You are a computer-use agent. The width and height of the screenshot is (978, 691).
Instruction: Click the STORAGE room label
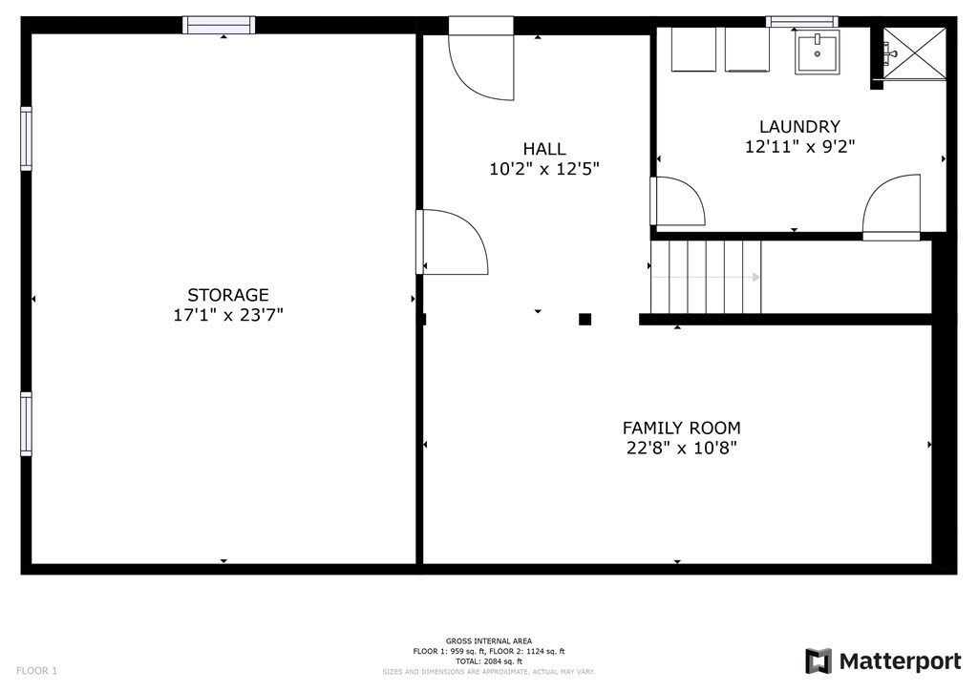coord(227,295)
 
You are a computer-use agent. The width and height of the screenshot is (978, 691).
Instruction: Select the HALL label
coord(543,149)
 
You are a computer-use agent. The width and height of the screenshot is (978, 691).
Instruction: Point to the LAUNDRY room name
coord(799,126)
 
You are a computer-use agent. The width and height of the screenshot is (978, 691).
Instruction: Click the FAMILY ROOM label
coord(681,429)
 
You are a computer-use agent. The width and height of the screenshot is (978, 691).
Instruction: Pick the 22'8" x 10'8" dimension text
coord(681,448)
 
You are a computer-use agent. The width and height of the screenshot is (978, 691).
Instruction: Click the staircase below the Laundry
coord(706,277)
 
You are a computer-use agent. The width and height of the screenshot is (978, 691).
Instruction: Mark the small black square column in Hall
coord(585,320)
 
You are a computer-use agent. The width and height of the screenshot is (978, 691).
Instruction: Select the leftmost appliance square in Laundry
coord(694,49)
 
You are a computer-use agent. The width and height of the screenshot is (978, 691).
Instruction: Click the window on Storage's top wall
coord(220,25)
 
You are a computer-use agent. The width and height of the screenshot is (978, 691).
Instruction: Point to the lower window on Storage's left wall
coord(26,423)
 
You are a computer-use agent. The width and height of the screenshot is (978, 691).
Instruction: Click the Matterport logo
coord(883,660)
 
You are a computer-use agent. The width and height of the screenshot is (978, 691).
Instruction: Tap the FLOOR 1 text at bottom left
coord(36,671)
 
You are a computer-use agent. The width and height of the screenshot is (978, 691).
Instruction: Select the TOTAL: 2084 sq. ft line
coord(489,660)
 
